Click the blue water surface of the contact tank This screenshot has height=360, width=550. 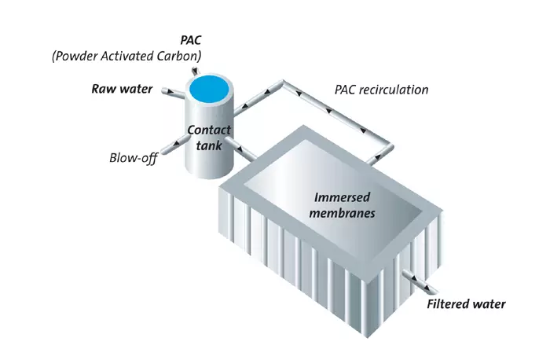click(x=209, y=85)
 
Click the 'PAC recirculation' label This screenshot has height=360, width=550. click(x=381, y=90)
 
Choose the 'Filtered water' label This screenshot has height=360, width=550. click(x=466, y=304)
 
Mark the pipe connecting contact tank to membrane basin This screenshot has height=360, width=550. click(x=242, y=152)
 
